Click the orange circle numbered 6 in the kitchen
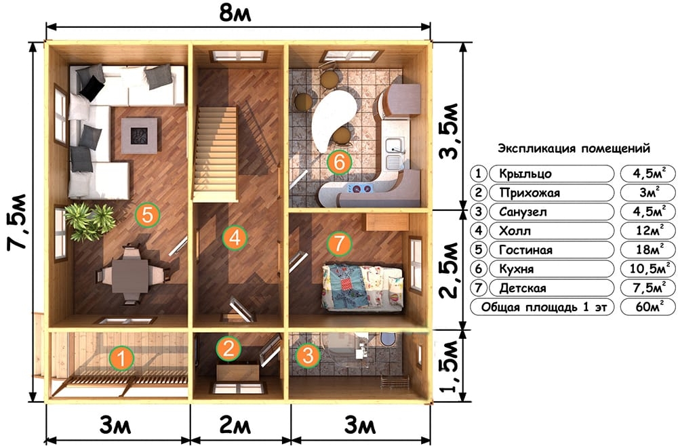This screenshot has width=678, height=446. [x=340, y=162]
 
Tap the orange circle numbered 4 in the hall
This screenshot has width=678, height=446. [x=235, y=237]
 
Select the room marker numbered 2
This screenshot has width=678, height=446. [x=228, y=349]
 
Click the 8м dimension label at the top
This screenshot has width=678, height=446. [x=235, y=13]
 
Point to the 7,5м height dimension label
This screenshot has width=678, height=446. [x=18, y=222]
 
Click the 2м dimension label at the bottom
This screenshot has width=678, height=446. [x=235, y=426]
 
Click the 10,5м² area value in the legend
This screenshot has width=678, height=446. [x=647, y=269]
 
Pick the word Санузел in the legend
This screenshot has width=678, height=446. [x=523, y=212]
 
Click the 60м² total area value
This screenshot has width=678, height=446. [x=647, y=307]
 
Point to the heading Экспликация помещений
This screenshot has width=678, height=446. [x=574, y=148]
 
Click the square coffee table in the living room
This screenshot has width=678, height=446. [x=139, y=136]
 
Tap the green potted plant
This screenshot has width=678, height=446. [x=89, y=221]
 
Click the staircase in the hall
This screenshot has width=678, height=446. [x=216, y=155]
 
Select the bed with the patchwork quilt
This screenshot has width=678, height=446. [x=362, y=287]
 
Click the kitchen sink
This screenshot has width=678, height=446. [x=395, y=154]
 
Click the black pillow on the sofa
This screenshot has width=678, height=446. [x=92, y=89]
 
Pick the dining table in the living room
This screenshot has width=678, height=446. [x=129, y=275]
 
